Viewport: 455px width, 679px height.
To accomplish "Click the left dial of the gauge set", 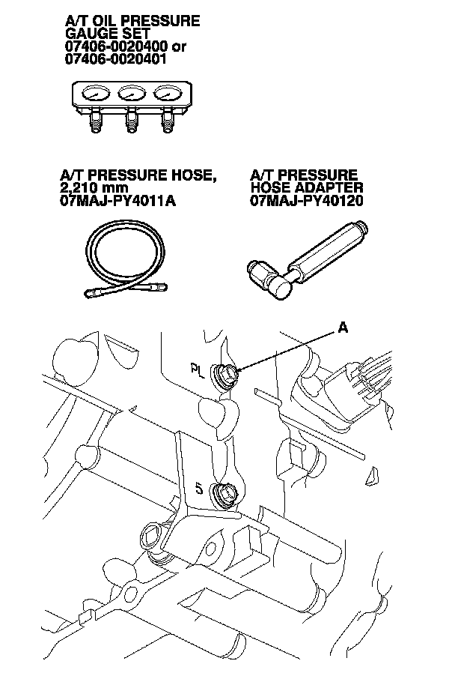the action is click(x=96, y=95).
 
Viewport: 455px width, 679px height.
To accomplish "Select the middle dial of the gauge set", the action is click(x=130, y=95).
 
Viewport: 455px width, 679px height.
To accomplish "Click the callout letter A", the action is click(x=343, y=328).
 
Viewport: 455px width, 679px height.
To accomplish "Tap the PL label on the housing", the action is click(x=197, y=369).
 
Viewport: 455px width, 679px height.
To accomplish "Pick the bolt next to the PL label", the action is click(x=225, y=372).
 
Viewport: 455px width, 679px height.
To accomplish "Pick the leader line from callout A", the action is click(x=288, y=348).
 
